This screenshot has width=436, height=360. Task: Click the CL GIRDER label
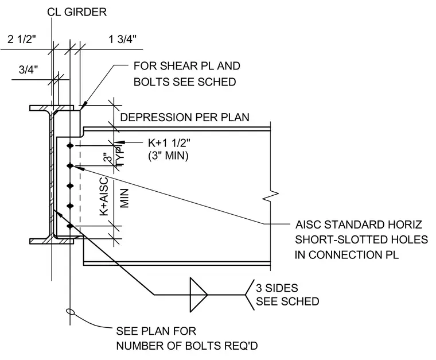(x=77, y=12)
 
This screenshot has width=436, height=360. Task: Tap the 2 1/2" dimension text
(x=22, y=39)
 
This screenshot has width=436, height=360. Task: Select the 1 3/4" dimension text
(x=122, y=39)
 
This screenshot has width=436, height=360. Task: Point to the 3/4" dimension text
(x=28, y=69)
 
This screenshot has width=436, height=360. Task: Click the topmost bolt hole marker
(x=71, y=145)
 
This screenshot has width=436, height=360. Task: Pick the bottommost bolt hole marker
(x=71, y=226)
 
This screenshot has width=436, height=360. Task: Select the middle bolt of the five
(x=71, y=185)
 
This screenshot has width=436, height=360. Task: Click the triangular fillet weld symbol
(x=198, y=295)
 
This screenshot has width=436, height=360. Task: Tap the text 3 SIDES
(x=277, y=288)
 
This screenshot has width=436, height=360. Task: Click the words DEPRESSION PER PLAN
(x=185, y=117)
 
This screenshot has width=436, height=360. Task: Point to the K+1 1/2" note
(x=169, y=143)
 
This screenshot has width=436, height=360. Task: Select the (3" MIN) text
(x=168, y=156)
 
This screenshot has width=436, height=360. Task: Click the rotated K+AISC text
(x=104, y=196)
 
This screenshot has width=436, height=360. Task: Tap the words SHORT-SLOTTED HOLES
(x=361, y=239)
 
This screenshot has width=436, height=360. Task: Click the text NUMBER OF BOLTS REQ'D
(x=187, y=346)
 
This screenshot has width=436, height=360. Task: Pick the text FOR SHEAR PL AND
(x=187, y=66)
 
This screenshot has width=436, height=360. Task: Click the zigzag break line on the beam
(x=271, y=196)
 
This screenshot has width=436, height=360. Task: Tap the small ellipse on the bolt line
(x=71, y=311)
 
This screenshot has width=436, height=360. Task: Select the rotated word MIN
(x=124, y=198)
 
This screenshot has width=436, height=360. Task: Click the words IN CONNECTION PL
(x=347, y=255)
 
